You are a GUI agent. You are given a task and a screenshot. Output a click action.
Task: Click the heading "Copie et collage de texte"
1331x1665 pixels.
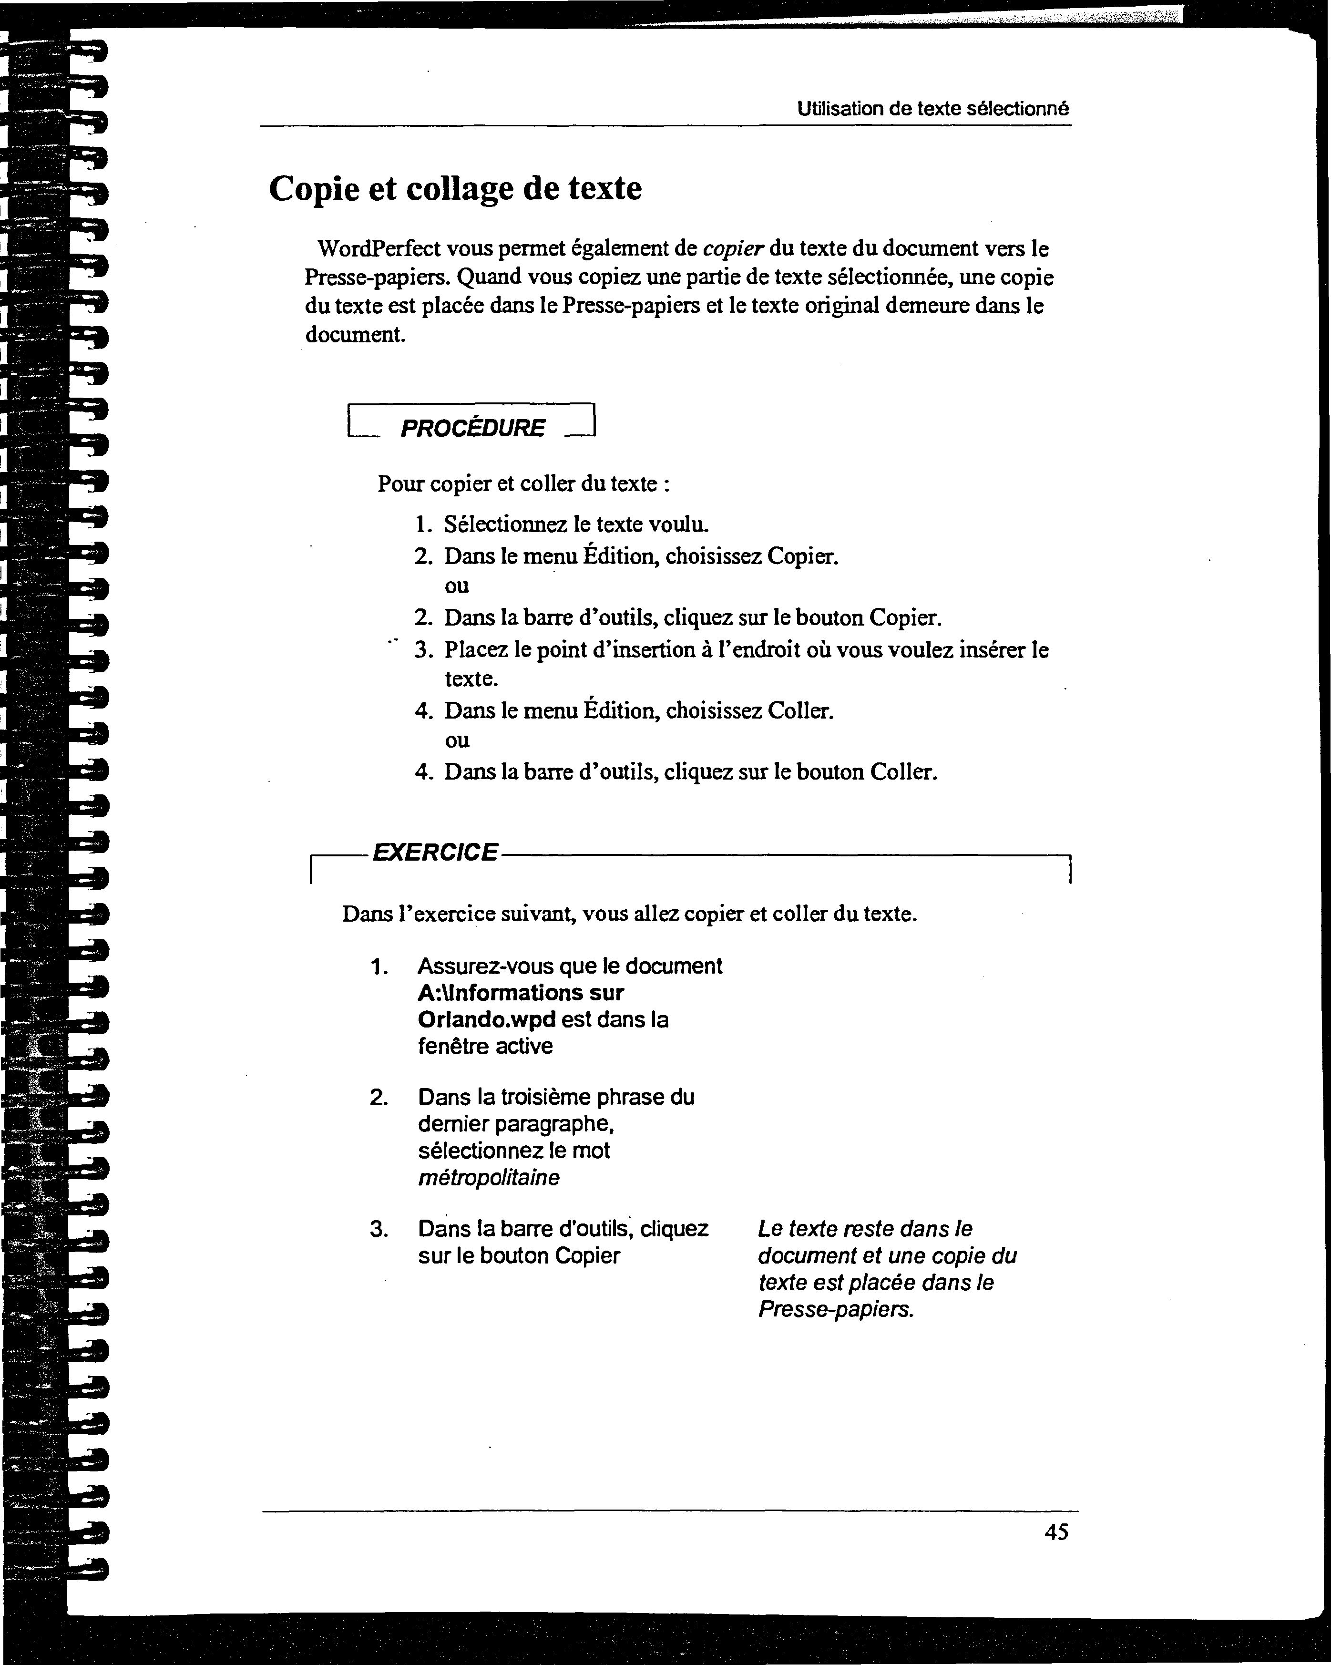pos(455,188)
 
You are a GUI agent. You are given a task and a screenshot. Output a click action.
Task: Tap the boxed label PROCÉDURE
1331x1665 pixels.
pos(472,428)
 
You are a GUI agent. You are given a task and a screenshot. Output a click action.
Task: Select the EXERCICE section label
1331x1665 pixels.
pos(435,852)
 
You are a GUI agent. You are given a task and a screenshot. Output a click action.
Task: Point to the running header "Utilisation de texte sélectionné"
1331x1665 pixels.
pos(932,109)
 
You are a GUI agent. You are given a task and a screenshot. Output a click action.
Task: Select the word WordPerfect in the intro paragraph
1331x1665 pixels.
pos(379,249)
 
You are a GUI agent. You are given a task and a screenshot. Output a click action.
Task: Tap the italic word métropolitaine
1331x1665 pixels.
pos(489,1178)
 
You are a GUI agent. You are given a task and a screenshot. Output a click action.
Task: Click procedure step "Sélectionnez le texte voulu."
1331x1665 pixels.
pos(576,524)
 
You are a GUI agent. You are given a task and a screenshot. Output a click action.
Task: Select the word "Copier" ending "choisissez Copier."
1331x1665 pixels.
pos(802,556)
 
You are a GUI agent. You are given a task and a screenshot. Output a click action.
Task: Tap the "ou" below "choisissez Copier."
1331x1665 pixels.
pos(457,586)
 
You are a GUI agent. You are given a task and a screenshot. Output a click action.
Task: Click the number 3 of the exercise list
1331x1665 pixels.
pos(379,1229)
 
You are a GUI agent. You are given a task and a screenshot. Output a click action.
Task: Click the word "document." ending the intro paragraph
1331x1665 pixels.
pos(355,335)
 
